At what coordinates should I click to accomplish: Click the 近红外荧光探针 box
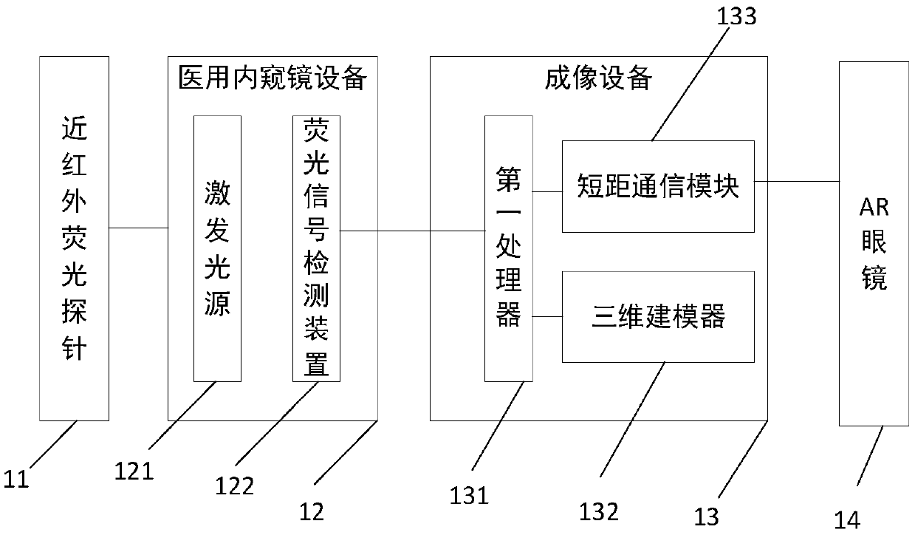coord(74,238)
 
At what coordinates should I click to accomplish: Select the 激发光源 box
coord(217,248)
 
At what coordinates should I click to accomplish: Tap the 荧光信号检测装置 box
coord(316,248)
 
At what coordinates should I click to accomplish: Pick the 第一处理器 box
coord(508,248)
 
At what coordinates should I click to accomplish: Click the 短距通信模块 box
coord(658,185)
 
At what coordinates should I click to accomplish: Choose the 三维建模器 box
coord(658,316)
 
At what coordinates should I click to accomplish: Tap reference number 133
coord(737,16)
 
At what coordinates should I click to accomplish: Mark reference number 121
coord(134,470)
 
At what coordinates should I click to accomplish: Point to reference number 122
coord(234,485)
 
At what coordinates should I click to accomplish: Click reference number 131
coord(470,494)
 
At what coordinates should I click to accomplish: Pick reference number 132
coord(599,511)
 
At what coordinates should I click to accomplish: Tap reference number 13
coord(707,516)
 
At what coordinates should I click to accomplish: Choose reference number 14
coord(847,519)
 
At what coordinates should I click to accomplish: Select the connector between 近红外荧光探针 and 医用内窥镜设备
coord(139,228)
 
